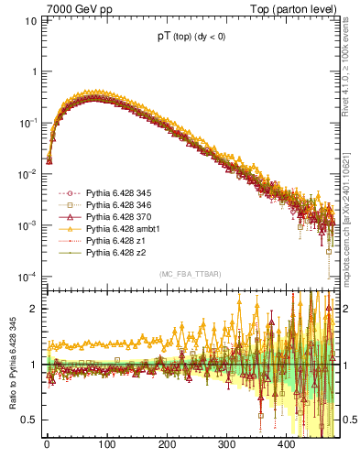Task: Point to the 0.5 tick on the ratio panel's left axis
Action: point(32,420)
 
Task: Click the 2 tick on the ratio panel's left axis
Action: point(37,309)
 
